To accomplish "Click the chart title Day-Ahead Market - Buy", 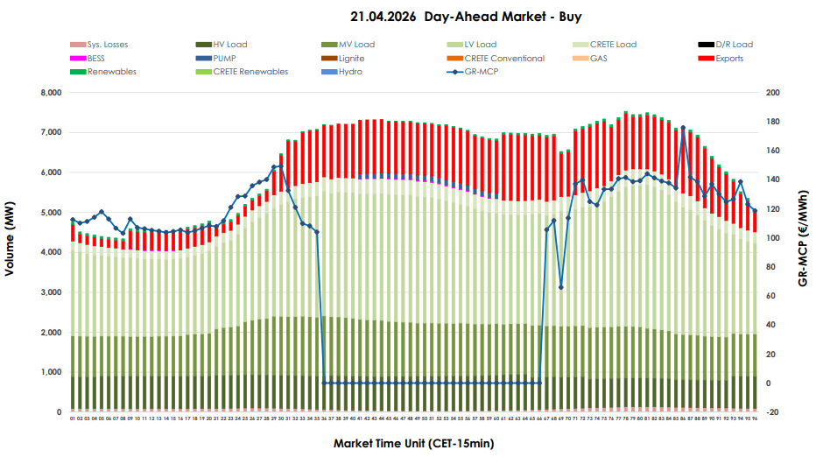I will coord(465,17).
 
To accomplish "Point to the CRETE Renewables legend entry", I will coord(250,72).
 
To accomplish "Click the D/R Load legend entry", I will coord(734,45).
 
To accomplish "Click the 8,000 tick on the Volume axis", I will coord(47,93).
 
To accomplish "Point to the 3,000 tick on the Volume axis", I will coord(47,292).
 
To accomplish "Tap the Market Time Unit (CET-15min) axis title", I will coord(413,444).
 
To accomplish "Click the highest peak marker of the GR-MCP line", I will coord(683,129).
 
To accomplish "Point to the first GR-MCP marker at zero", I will coord(324,383).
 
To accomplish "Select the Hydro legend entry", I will coord(349,72).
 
